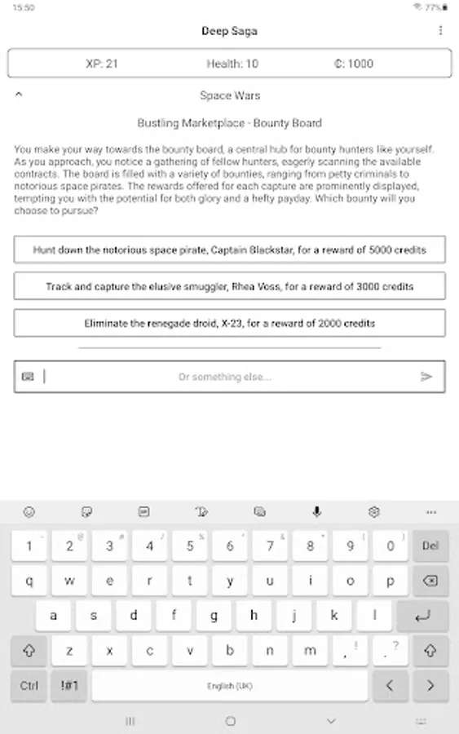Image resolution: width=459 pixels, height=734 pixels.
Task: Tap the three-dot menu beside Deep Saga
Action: (441, 31)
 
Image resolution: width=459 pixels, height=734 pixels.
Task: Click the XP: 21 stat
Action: (103, 64)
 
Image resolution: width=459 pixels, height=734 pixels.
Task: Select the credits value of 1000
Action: (354, 64)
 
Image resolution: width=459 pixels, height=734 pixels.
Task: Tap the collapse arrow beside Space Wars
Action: (19, 95)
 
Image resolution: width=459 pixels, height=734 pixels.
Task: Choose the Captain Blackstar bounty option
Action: (229, 250)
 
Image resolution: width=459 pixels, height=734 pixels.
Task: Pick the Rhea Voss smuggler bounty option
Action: (229, 286)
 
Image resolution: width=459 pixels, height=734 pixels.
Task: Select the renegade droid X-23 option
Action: (229, 323)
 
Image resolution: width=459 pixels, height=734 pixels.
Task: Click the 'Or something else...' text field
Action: (225, 377)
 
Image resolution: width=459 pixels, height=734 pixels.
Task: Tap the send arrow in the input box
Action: (426, 377)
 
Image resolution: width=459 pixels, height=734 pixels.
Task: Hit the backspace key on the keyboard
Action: (430, 581)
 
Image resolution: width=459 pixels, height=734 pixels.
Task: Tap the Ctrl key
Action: (29, 686)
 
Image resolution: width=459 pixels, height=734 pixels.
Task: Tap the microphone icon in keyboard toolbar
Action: (316, 512)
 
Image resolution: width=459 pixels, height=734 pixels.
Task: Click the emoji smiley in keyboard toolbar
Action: (29, 512)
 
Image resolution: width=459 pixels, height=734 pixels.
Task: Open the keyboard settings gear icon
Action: (374, 512)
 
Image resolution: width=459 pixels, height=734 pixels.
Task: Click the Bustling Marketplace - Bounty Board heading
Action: (229, 123)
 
